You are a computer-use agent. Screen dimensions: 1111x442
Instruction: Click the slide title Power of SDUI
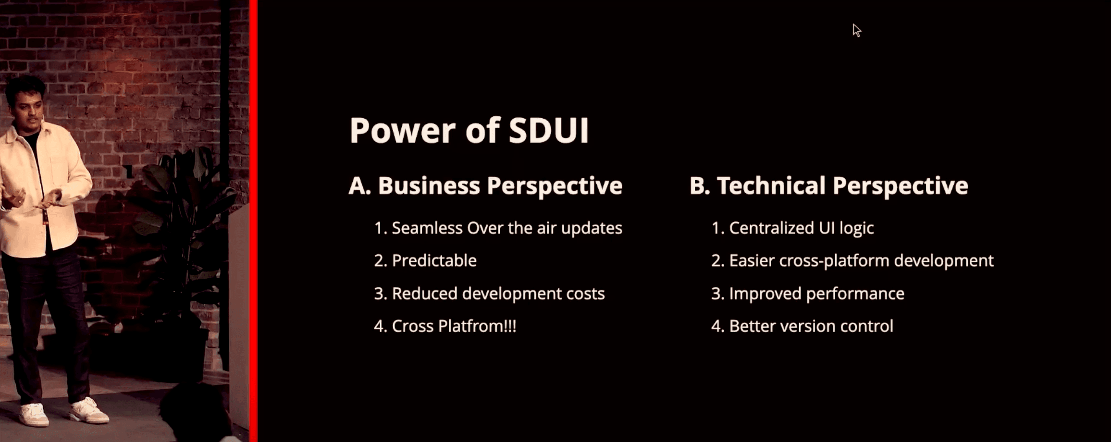(x=469, y=130)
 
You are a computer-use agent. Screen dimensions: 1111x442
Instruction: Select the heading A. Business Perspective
(x=485, y=186)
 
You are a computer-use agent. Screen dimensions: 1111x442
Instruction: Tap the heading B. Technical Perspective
(x=829, y=186)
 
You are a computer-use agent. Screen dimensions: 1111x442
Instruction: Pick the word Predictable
(x=434, y=260)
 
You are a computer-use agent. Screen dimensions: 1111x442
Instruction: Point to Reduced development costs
(x=498, y=294)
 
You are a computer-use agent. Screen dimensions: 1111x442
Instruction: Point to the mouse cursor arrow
(x=856, y=30)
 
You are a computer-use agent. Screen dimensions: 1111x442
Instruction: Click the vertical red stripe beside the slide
(x=253, y=221)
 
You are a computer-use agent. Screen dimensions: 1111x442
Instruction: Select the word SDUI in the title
(x=549, y=130)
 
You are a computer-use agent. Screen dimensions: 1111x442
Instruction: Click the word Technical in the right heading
(x=771, y=186)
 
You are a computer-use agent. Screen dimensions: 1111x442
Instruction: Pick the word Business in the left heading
(x=429, y=186)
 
